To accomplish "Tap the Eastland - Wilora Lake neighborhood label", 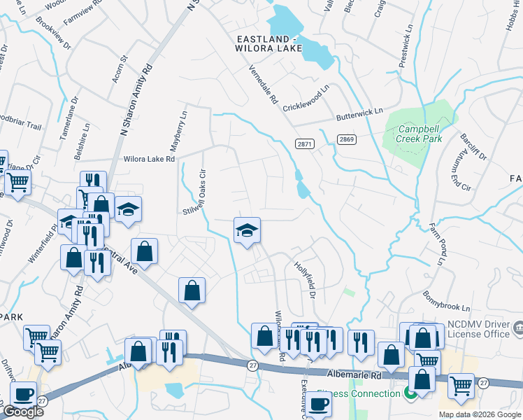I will point(269,43).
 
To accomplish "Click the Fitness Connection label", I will point(358,393).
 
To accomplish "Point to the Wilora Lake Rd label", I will point(149,160).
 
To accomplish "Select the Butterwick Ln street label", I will point(359,112).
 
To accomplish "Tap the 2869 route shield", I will point(347,140).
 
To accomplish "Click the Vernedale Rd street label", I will point(264,84).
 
